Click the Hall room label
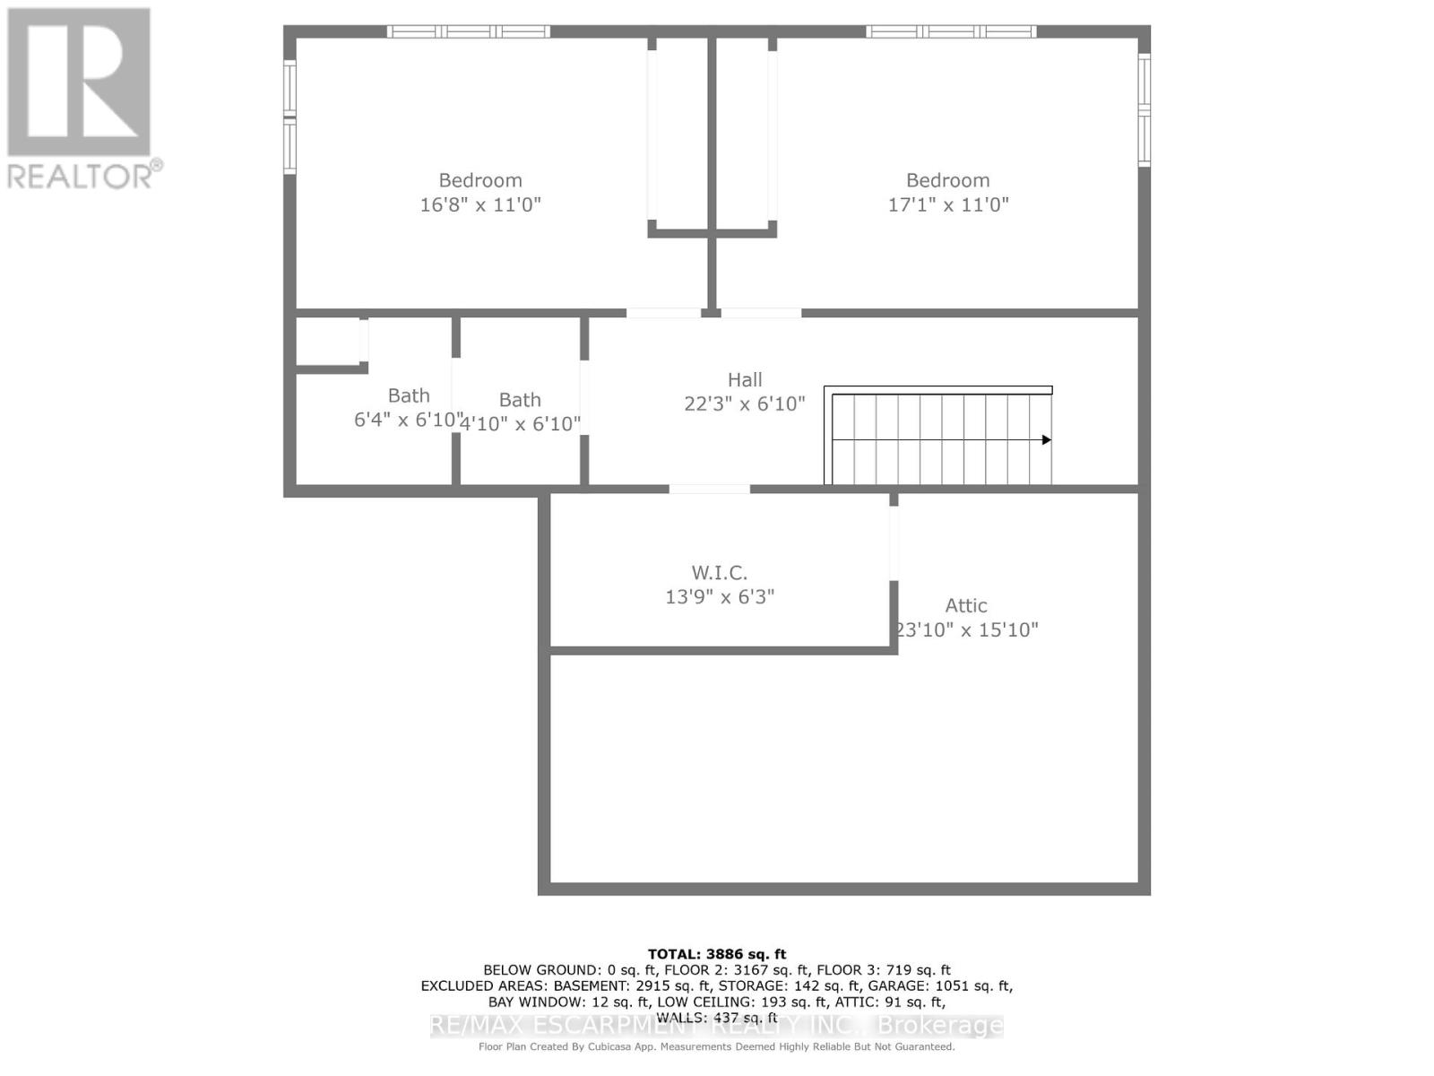745,380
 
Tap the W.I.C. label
719,572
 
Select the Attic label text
966,605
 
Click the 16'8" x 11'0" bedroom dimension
480,204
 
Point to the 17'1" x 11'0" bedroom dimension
948,204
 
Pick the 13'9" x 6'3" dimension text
720,596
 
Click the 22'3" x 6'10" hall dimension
745,404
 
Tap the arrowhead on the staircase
1046,440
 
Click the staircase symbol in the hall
938,438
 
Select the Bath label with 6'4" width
409,395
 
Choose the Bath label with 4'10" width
520,400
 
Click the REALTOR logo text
84,176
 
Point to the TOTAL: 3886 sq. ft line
717,954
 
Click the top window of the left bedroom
469,31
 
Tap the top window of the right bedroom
951,31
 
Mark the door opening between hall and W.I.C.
709,489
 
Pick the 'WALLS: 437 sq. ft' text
717,1018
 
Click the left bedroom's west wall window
289,117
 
